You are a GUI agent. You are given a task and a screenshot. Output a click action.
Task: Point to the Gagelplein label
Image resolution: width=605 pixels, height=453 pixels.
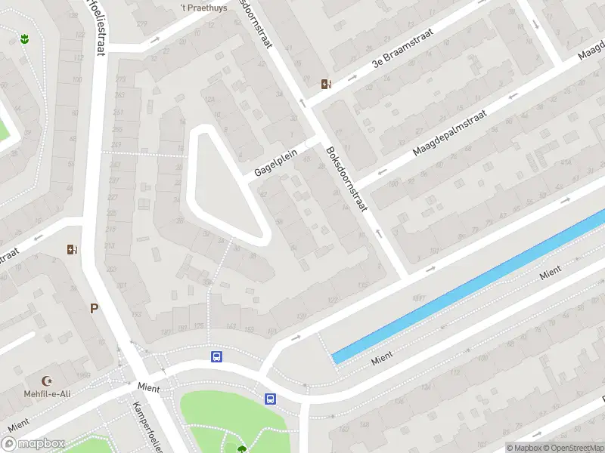(x=276, y=162)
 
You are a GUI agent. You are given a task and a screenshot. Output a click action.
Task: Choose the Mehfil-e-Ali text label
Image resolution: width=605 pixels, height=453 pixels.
(x=48, y=393)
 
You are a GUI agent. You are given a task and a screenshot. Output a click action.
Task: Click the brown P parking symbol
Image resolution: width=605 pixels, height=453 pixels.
(x=95, y=308)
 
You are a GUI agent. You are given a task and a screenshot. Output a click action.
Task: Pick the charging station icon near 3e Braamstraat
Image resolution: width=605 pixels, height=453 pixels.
(x=326, y=85)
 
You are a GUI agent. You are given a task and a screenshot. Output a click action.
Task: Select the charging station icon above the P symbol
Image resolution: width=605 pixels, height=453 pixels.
(x=73, y=249)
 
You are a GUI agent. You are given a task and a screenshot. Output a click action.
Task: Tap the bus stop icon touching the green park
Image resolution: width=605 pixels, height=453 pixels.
(x=270, y=399)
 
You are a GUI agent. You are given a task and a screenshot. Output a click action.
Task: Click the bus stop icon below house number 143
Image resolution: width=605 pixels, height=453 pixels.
(x=217, y=356)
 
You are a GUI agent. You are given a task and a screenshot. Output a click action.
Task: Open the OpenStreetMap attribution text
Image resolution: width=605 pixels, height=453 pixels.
(x=572, y=448)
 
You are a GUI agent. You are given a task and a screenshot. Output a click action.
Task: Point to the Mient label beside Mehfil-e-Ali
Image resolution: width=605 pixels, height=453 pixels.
(x=148, y=386)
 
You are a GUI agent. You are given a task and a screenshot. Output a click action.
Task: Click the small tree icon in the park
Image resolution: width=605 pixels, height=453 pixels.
(x=241, y=449)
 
